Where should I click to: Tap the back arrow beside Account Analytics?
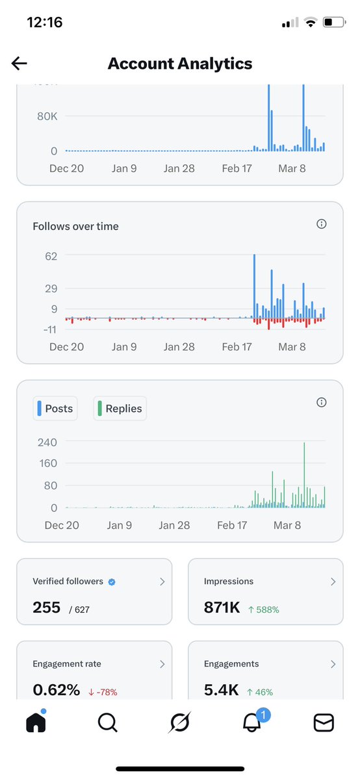coord(19,63)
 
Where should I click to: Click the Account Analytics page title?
coord(180,63)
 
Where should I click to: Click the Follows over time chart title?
coord(75,226)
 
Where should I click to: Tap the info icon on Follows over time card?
coord(321,224)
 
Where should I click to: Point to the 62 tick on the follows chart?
coord(51,256)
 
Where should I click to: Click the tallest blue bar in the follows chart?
coord(254,286)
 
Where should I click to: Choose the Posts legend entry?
coord(55,409)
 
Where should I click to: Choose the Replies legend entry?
coord(120,409)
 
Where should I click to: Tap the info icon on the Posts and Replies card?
coord(321,402)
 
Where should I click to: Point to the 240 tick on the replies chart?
coord(47,442)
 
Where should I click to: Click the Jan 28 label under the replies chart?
coord(174,525)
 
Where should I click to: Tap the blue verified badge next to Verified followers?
coord(112,582)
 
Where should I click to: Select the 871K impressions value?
coord(222,608)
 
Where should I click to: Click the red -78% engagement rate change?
coord(103,692)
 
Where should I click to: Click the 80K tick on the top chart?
coord(47,116)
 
